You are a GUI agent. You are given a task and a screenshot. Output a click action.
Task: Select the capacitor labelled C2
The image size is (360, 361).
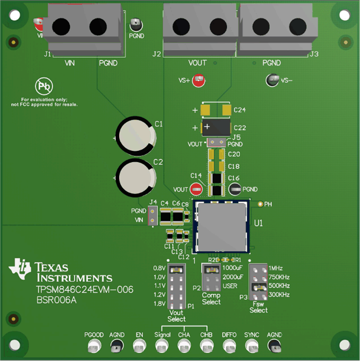point(136,178)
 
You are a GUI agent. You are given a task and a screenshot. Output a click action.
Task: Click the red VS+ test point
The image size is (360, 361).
point(199,80)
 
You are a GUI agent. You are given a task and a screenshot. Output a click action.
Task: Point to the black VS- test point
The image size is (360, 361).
point(272,80)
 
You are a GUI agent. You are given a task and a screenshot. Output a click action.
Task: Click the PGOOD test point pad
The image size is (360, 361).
point(94,347)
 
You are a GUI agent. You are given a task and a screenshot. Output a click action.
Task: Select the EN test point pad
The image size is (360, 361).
point(139,347)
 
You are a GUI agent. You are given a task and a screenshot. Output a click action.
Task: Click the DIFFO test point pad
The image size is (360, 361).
point(229,347)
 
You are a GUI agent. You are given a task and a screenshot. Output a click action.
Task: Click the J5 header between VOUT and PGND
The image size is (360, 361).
point(216,143)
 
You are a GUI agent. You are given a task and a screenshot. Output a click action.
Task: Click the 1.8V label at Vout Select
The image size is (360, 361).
point(160,304)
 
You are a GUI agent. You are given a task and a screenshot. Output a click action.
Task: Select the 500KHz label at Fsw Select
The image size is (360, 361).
point(279,286)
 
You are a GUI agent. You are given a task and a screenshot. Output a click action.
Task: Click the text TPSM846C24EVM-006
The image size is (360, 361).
point(84,290)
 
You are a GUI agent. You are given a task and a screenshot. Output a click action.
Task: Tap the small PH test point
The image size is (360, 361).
point(260,204)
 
